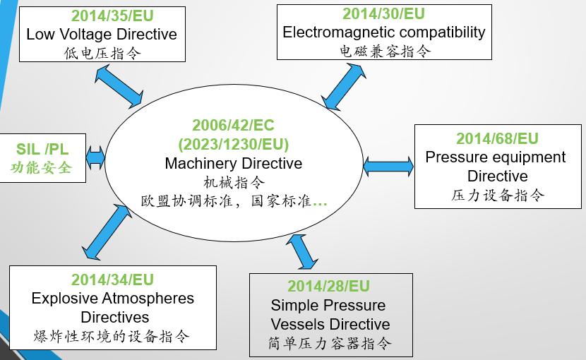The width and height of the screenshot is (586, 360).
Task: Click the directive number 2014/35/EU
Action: point(112,16)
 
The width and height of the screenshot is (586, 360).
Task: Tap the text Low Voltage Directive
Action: point(102,34)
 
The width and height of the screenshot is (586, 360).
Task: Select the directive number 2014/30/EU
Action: point(384,14)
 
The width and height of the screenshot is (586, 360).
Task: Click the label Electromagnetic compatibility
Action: point(384,32)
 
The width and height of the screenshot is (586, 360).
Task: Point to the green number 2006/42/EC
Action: point(233,125)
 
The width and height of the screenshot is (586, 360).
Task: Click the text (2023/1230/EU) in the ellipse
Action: point(234,144)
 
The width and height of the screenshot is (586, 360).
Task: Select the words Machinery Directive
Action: point(234,163)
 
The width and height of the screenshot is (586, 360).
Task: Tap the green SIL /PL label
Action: point(42,149)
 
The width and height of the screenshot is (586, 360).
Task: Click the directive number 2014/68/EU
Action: point(498,138)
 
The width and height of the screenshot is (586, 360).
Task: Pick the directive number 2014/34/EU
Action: point(112,280)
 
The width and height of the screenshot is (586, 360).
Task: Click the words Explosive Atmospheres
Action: point(112,299)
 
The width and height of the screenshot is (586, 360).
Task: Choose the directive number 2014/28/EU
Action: point(328,287)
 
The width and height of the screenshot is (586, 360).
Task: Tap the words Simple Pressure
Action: point(328,306)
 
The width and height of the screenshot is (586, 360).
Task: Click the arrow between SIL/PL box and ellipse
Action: point(95,157)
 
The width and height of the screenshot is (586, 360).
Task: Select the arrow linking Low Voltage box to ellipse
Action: point(119,86)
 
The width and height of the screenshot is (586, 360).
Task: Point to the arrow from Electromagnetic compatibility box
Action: point(343,86)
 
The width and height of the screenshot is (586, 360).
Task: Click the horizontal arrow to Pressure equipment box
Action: point(388,167)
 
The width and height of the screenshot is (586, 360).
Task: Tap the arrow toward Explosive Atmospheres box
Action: point(107,232)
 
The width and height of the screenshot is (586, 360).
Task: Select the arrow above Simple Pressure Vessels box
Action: point(302,251)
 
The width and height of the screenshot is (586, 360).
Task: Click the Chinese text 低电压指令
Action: point(102,53)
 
